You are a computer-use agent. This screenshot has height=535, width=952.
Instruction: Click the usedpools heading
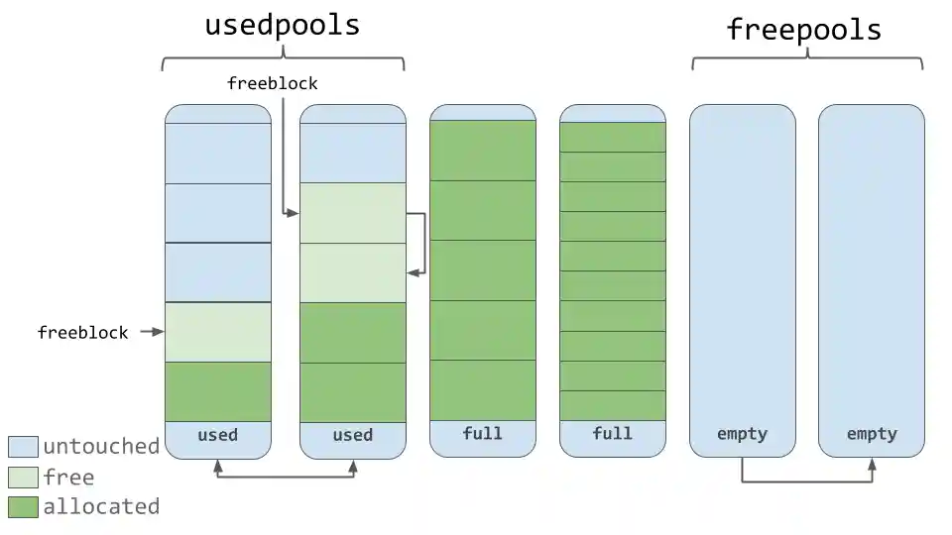point(283,25)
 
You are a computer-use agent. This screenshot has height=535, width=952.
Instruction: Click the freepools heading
point(804,29)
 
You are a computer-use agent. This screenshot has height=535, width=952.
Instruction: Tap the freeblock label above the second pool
point(272,83)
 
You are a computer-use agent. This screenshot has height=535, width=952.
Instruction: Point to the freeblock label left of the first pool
point(83,333)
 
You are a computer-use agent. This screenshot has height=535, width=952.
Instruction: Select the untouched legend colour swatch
point(23,447)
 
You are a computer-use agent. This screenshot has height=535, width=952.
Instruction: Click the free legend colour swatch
point(23,478)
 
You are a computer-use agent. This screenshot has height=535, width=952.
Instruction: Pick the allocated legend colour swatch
point(23,507)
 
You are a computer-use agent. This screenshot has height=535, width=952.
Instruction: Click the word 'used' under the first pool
point(217,435)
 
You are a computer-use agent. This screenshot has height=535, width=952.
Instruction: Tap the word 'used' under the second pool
point(352,435)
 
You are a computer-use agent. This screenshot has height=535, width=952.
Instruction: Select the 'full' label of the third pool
point(482,434)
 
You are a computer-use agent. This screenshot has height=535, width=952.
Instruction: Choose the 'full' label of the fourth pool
point(612,434)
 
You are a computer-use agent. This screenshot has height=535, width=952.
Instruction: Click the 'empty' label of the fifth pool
point(742,434)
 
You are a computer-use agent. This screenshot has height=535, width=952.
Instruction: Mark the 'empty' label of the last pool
point(872,434)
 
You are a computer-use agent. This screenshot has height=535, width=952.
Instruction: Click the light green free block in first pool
point(217,332)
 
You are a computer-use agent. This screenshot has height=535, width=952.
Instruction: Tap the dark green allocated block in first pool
point(217,391)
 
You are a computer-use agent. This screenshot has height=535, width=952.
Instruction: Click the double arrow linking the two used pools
point(286,478)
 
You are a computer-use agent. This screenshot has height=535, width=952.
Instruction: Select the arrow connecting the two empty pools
point(807,481)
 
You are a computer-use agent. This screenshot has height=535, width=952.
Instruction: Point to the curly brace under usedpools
point(284,60)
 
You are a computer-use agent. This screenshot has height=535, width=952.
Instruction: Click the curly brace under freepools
point(807,60)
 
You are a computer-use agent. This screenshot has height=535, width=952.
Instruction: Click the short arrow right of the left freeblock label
point(151,332)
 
